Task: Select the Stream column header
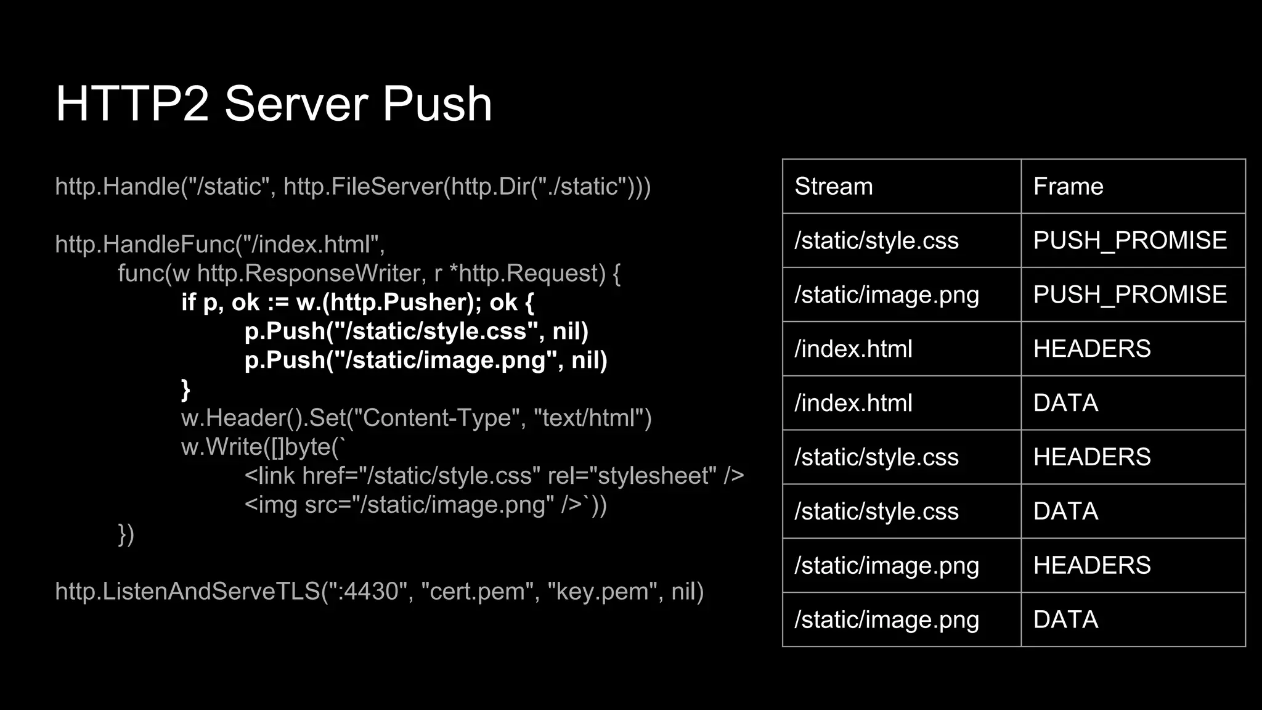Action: (x=834, y=186)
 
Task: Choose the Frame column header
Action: (x=1068, y=186)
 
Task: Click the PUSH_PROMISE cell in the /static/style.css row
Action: (x=1130, y=240)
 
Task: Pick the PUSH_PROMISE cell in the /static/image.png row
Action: (x=1130, y=295)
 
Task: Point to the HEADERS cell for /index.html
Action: (x=1091, y=349)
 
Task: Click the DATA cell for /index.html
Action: (x=1065, y=403)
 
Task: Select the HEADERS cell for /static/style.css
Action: (x=1091, y=457)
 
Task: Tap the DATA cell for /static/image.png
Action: (x=1065, y=619)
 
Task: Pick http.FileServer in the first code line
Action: (x=364, y=186)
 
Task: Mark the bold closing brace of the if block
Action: (x=185, y=390)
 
